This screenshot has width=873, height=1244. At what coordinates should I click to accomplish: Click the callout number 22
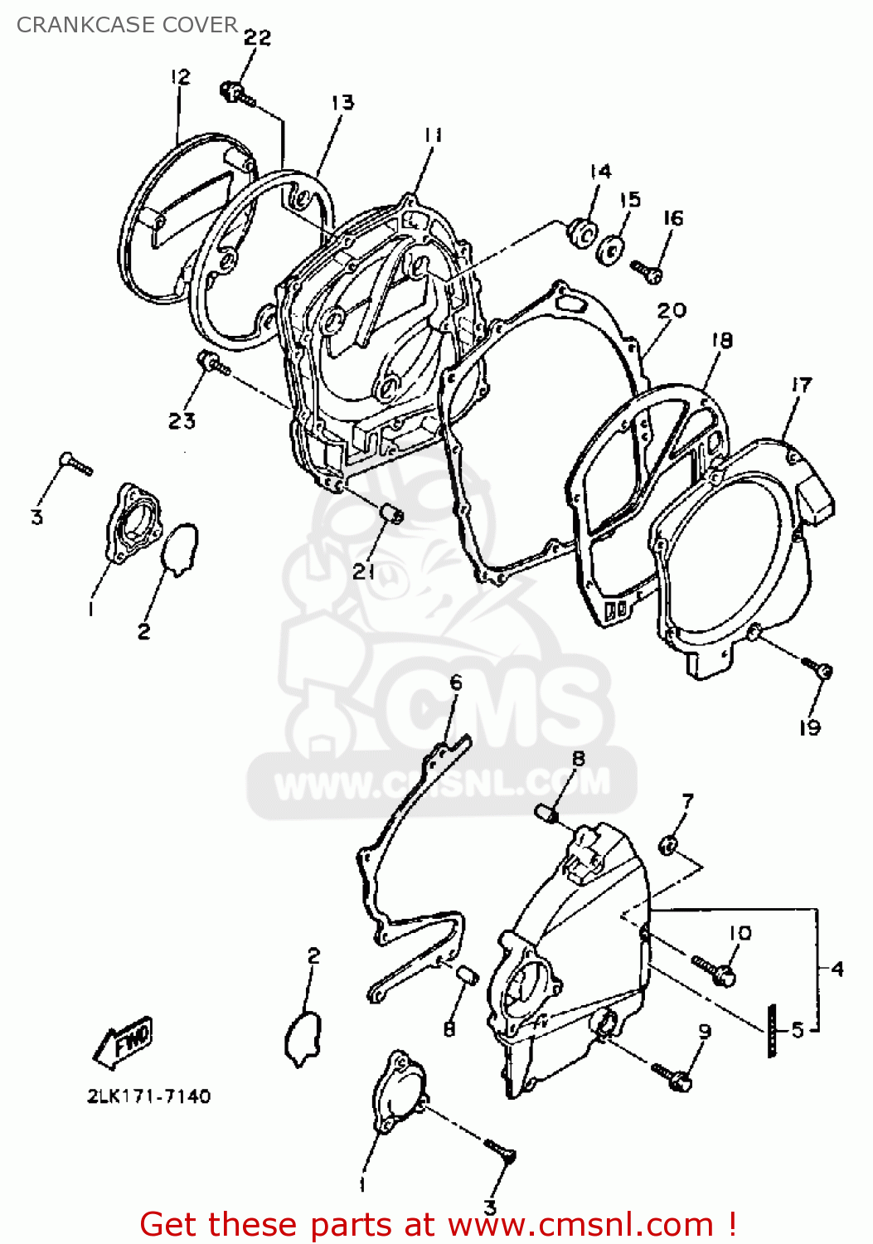click(257, 37)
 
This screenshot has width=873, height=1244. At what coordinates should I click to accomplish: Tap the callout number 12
click(180, 77)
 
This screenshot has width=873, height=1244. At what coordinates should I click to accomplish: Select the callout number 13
click(342, 103)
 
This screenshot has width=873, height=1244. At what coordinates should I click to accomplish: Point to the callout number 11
click(433, 134)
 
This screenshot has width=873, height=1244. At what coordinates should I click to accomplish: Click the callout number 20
click(672, 310)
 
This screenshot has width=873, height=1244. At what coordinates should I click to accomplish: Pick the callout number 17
click(802, 385)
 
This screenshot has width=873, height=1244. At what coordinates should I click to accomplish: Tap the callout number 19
click(810, 728)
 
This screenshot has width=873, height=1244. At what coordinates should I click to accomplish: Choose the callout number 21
click(364, 571)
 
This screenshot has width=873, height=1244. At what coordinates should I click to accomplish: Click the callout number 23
click(182, 421)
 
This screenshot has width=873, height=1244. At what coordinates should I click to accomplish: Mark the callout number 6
click(456, 683)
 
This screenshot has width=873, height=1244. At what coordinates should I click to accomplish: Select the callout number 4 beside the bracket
click(837, 969)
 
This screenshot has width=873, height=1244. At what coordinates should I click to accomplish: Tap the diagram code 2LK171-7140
click(149, 1096)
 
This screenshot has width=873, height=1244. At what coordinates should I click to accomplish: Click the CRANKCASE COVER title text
click(127, 25)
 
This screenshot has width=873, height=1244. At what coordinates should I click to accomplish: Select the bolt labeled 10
click(715, 970)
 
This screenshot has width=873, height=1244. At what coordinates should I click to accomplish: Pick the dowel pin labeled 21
click(390, 513)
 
